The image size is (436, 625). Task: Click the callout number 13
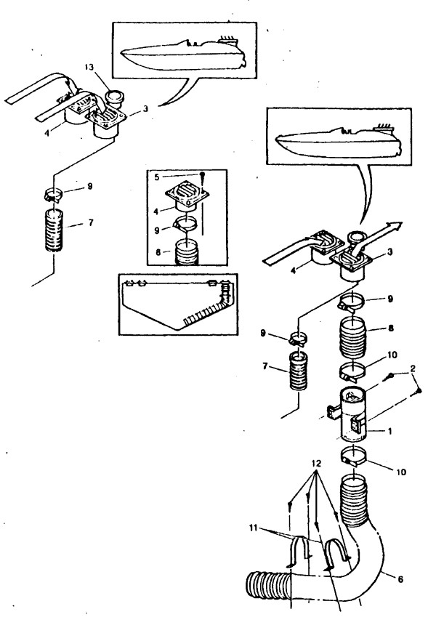[x=89, y=68]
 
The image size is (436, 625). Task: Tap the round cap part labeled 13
[x=114, y=97]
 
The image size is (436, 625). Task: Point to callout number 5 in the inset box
[x=157, y=177]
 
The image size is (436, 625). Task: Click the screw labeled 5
[x=203, y=174]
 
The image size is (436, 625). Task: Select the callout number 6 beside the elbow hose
[x=400, y=579]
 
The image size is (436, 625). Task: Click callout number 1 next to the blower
[x=389, y=431]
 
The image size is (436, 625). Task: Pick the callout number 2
[x=413, y=368]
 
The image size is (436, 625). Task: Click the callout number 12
[x=316, y=464]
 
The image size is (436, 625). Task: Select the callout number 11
[x=254, y=528]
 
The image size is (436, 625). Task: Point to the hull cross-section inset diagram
[x=178, y=305]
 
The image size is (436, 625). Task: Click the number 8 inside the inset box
[x=158, y=252]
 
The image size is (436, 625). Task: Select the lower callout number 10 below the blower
[x=401, y=472]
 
